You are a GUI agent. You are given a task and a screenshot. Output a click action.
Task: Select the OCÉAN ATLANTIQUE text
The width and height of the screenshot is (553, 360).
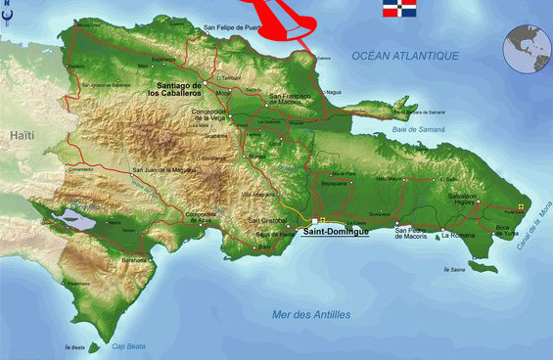click(405, 56)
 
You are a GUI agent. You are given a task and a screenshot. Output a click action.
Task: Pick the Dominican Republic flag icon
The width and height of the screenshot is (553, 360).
click(396, 11)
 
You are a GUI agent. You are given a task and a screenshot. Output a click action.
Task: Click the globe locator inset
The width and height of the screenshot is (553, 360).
click(527, 49)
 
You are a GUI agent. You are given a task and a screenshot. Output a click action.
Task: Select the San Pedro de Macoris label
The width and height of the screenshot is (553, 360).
click(413, 233)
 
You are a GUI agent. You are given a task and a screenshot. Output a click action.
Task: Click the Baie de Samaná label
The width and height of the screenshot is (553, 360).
click(418, 129)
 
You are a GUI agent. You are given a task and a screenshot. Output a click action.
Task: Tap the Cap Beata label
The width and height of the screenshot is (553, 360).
click(127, 345)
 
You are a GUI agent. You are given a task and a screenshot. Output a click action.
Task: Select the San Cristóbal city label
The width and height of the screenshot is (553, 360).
click(266, 221)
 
